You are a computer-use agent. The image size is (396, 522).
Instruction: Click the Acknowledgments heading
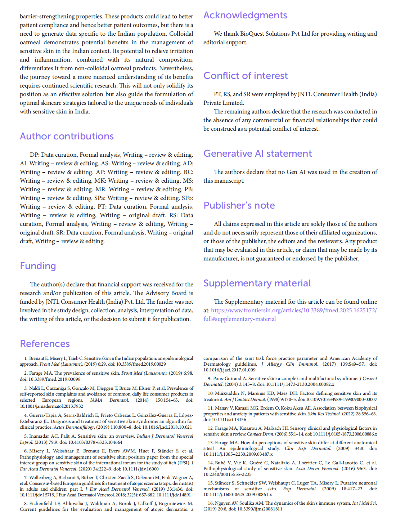(x=245, y=15)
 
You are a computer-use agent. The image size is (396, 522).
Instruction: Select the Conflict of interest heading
(x=246, y=76)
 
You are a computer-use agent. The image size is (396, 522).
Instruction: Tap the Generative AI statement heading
(x=257, y=153)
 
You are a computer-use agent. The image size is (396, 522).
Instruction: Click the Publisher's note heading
(x=239, y=205)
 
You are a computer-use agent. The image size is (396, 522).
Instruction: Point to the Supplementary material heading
(x=257, y=283)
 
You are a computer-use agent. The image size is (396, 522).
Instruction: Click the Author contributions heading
(x=67, y=136)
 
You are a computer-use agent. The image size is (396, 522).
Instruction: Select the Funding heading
(x=38, y=266)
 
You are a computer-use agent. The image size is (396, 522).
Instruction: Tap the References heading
(x=45, y=344)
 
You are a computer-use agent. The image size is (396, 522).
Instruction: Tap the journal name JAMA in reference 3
(x=96, y=400)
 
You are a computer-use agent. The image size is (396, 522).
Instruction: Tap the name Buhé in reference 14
(x=220, y=463)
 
